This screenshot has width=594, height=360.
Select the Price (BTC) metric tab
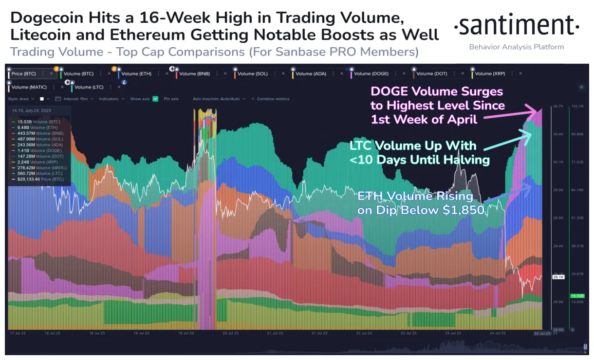coord(23,73)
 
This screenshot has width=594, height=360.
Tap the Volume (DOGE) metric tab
coord(371,73)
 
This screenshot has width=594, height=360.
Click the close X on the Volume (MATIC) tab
coord(62,87)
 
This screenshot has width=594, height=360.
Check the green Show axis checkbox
coord(155,99)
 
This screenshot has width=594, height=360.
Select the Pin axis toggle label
coord(171,99)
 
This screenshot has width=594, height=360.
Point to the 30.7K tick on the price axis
coord(557,106)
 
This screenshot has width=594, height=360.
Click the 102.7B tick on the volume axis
coord(577,106)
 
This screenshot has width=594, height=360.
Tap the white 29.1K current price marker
coord(558,276)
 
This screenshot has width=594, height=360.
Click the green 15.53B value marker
coord(577,296)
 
